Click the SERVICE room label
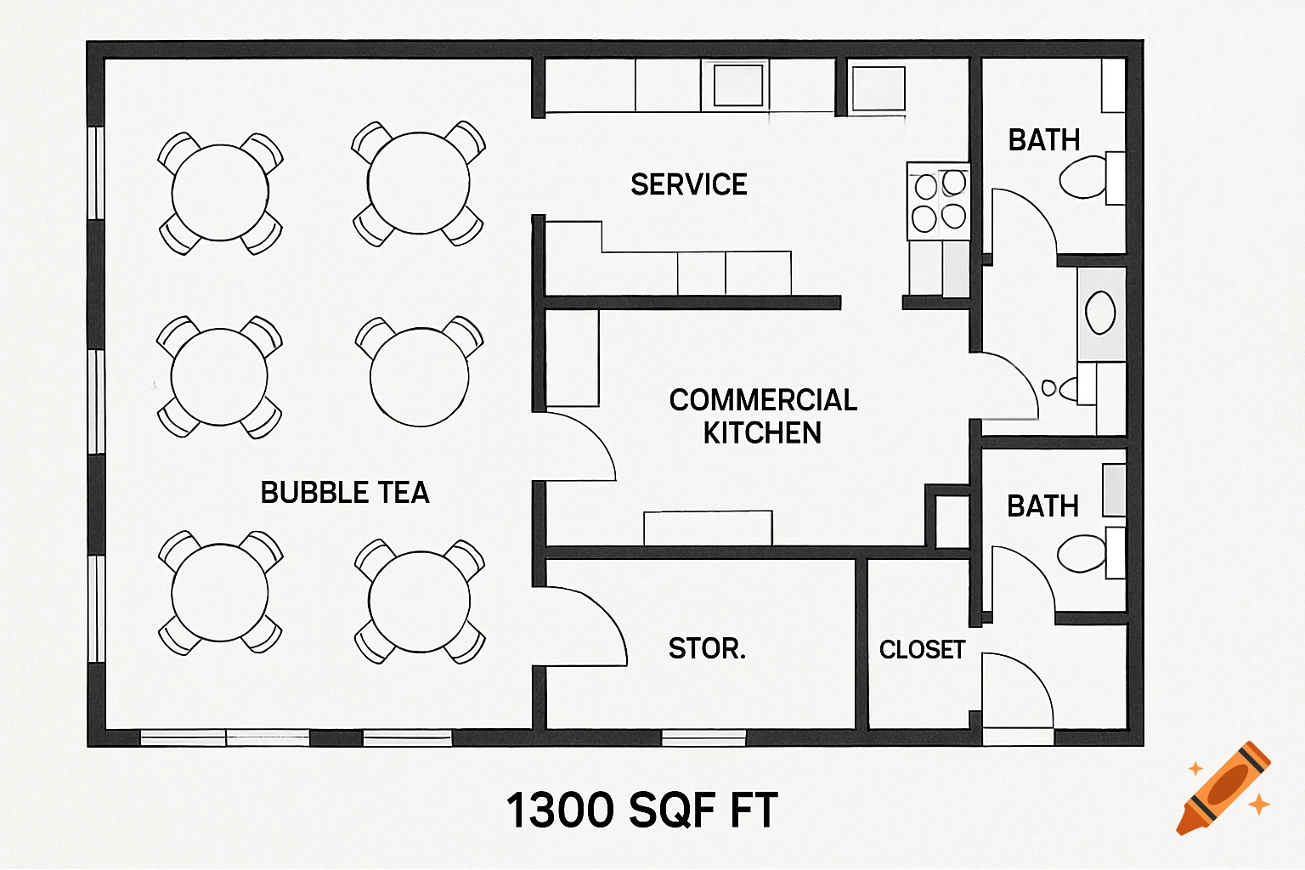pyautogui.click(x=688, y=184)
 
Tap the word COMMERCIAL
pyautogui.click(x=763, y=400)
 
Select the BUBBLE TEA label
pyautogui.click(x=344, y=493)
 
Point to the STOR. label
pyautogui.click(x=707, y=649)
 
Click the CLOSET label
pyautogui.click(x=922, y=650)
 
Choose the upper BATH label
pyautogui.click(x=1043, y=140)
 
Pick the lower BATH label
pyautogui.click(x=1042, y=506)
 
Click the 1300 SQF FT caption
pyautogui.click(x=641, y=810)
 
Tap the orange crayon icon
pyautogui.click(x=1223, y=788)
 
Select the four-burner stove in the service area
pyautogui.click(x=939, y=201)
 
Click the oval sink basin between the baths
pyautogui.click(x=1100, y=313)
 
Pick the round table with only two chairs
pyautogui.click(x=420, y=376)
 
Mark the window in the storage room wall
pyautogui.click(x=703, y=737)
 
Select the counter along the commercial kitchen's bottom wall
pyautogui.click(x=708, y=528)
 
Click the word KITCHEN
pyautogui.click(x=762, y=433)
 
